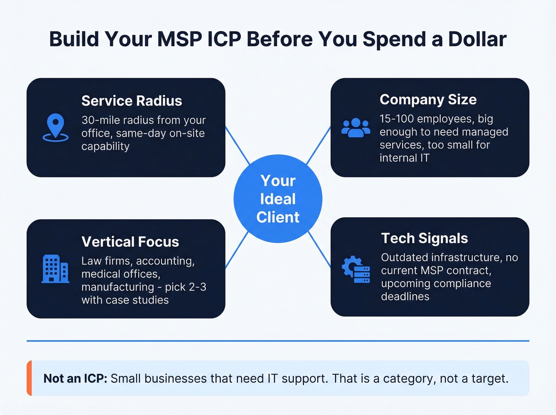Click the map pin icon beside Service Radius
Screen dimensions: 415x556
pos(55,127)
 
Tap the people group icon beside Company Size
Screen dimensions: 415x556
pos(355,128)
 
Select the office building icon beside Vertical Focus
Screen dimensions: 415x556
pos(55,269)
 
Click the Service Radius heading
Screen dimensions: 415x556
pos(131,101)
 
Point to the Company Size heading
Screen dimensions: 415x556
pos(428,100)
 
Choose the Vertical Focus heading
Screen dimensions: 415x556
pos(130,242)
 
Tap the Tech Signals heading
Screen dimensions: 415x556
pos(424,238)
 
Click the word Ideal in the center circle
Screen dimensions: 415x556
pos(278,199)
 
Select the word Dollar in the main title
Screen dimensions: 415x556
pos(477,39)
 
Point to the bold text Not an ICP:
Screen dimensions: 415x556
pos(75,378)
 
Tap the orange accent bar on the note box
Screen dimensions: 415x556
pos(29,378)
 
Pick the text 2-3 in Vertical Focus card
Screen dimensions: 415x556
pos(197,287)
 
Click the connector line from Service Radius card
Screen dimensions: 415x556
pos(237,145)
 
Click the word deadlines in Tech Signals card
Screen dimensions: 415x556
pos(405,297)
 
